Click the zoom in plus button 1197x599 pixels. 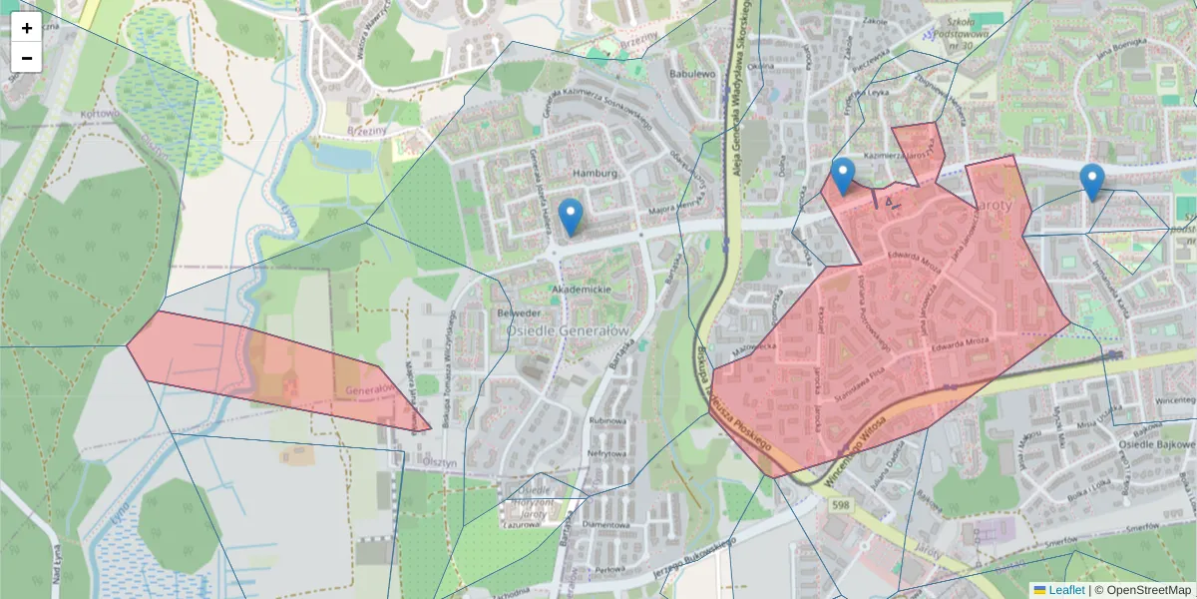click(x=26, y=27)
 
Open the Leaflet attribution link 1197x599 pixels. click(x=1066, y=590)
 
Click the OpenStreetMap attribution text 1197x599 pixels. click(x=1148, y=590)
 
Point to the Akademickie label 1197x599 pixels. click(x=582, y=290)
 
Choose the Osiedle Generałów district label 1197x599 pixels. click(x=568, y=330)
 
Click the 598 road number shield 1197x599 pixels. click(x=839, y=507)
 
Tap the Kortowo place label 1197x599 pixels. click(x=100, y=114)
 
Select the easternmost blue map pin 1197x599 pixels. click(x=1092, y=182)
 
